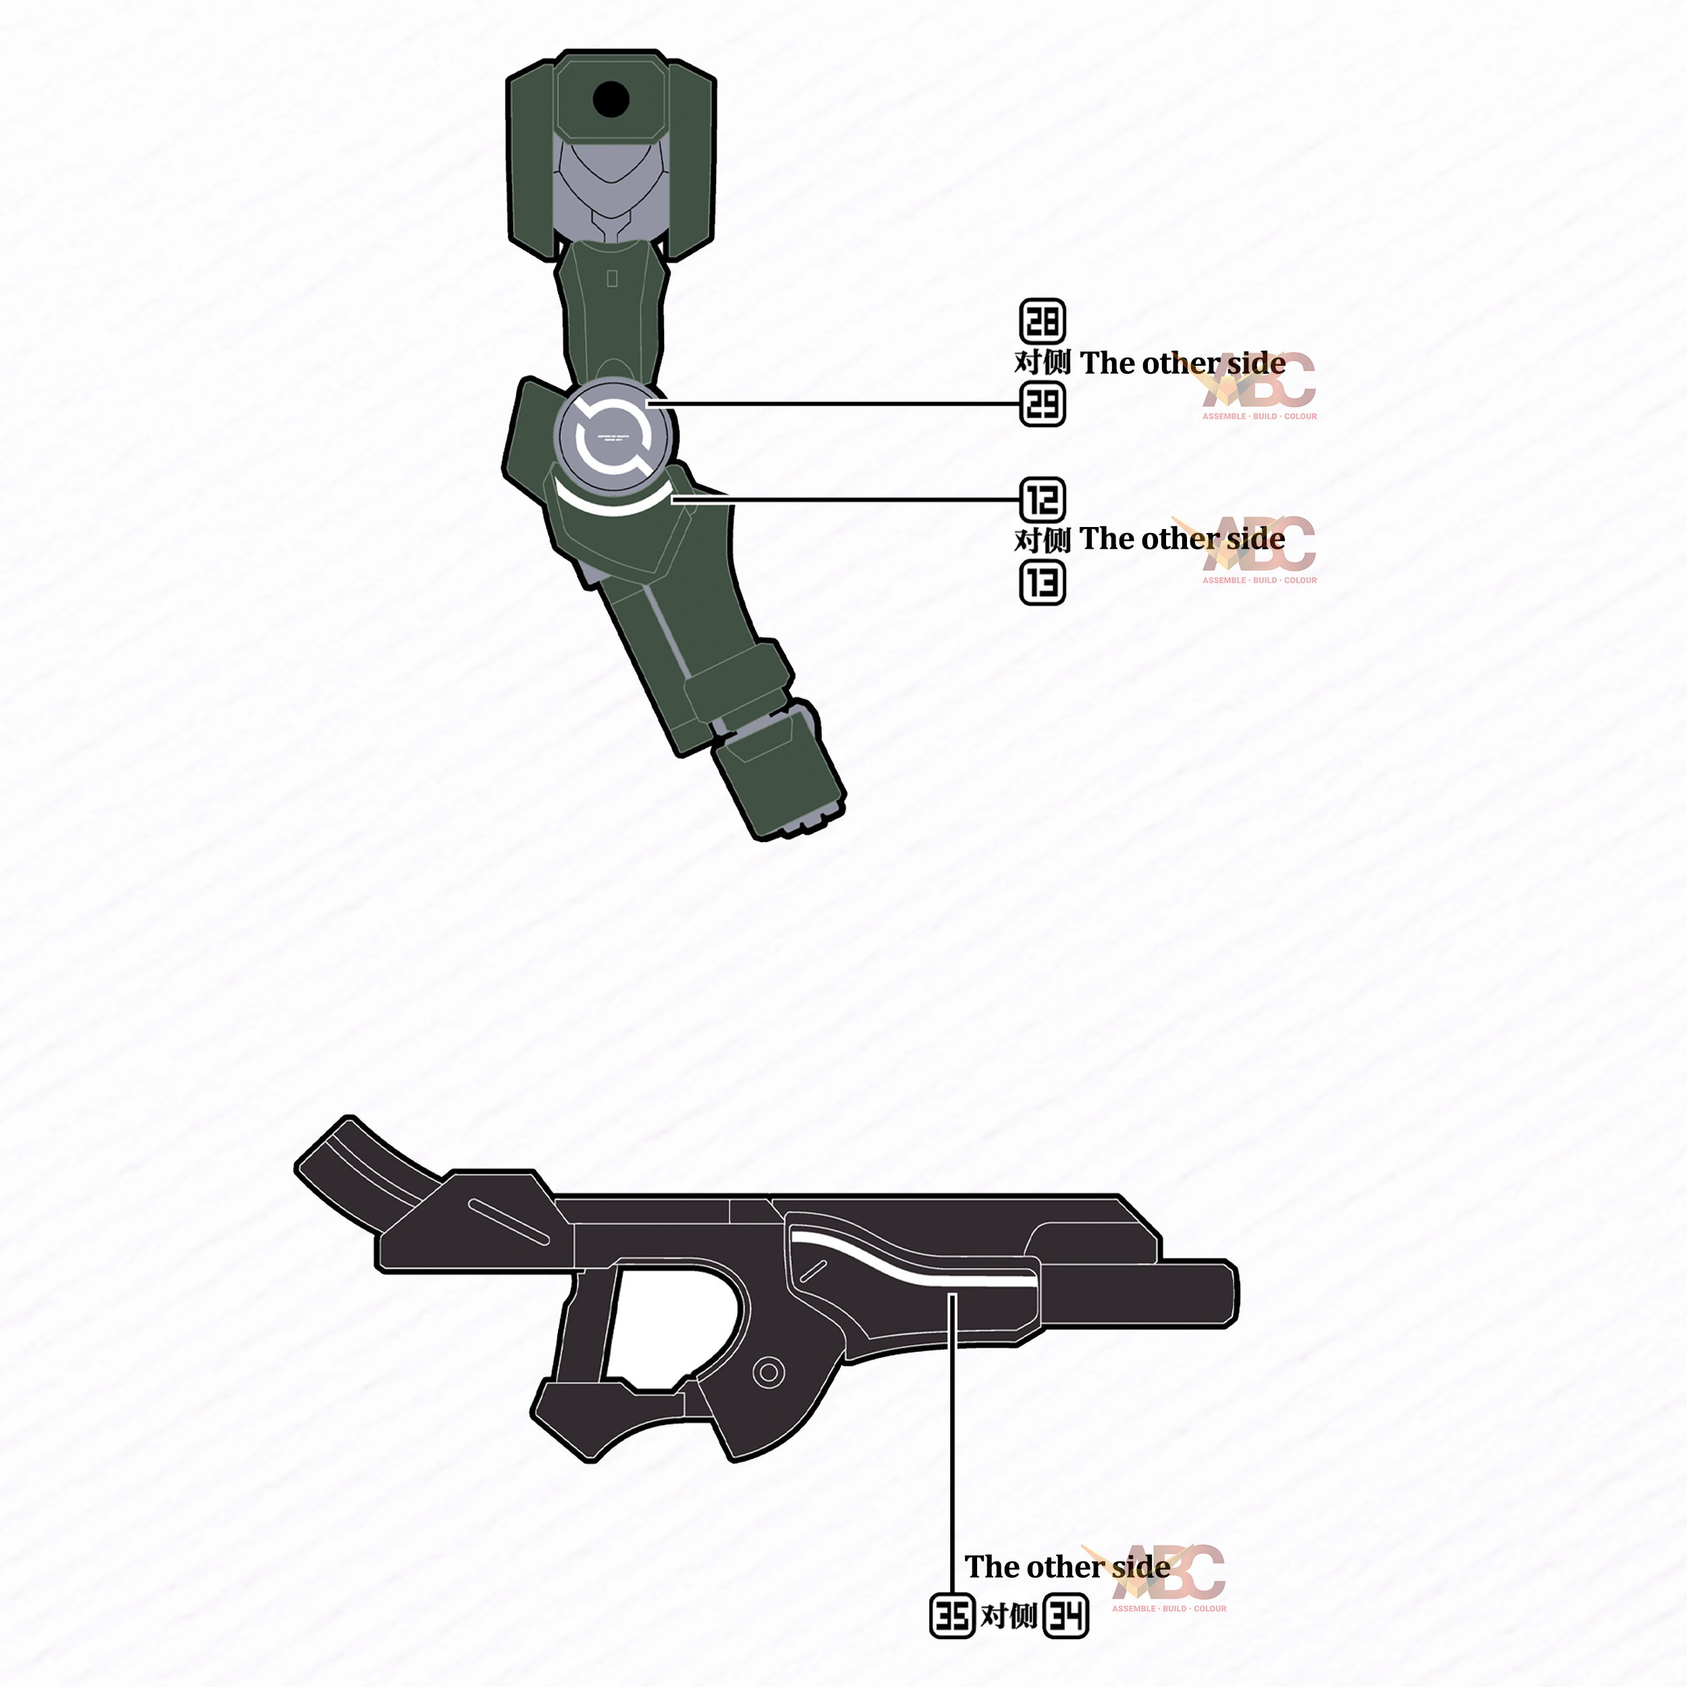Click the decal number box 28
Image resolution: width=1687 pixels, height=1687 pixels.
(1043, 321)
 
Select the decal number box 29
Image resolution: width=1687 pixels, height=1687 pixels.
(1043, 404)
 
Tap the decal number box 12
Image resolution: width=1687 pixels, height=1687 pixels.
(1043, 499)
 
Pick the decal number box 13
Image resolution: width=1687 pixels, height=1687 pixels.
(1043, 582)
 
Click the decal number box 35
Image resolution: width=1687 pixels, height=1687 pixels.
(951, 1616)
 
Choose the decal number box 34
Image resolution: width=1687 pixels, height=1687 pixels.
(1066, 1616)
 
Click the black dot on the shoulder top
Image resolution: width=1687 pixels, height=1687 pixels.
(611, 99)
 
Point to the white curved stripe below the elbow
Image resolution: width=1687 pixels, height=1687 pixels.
(611, 505)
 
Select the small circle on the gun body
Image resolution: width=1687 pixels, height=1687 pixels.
(769, 1372)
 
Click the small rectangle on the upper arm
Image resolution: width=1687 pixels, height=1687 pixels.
(612, 277)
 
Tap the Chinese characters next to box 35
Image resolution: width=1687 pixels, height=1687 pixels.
(1009, 1616)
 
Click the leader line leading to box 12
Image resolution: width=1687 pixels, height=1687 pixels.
(856, 499)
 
